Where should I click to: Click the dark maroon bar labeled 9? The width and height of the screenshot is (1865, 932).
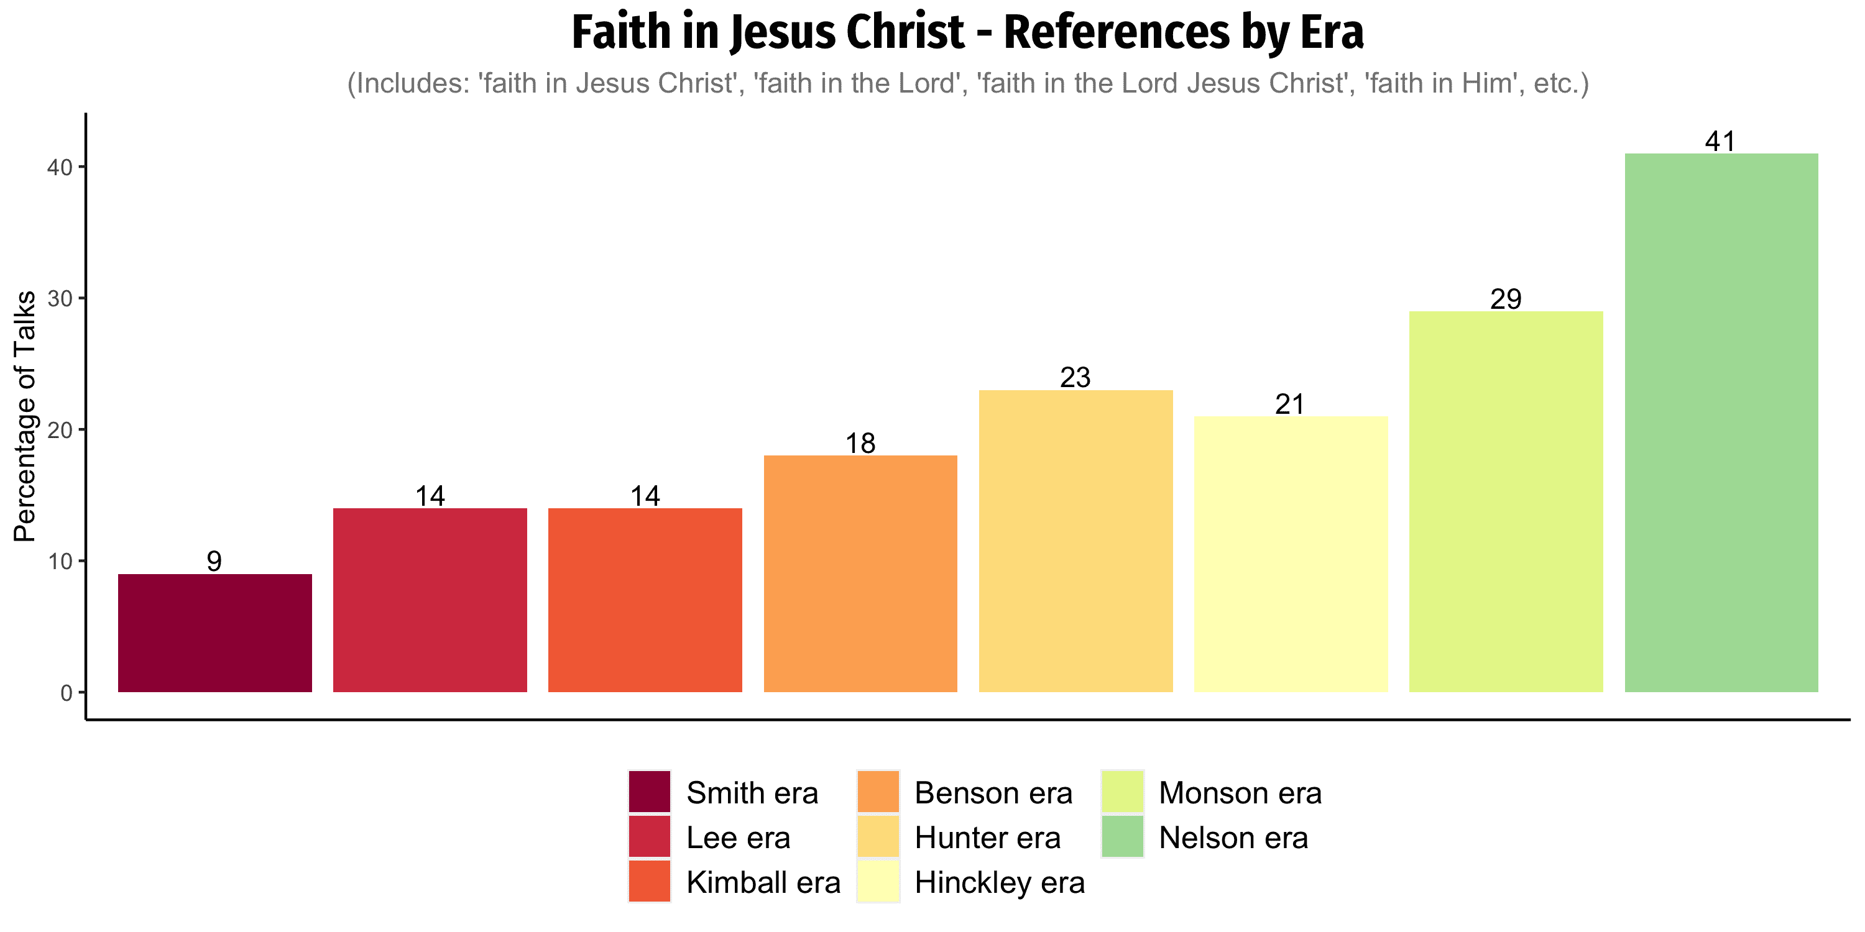tap(215, 633)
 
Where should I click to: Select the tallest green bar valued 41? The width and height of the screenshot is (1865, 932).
tap(1721, 423)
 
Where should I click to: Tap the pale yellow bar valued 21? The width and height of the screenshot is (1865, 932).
tap(1291, 554)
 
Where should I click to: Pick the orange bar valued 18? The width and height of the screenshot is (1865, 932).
tap(860, 574)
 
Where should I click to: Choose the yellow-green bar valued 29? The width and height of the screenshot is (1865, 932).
tap(1506, 501)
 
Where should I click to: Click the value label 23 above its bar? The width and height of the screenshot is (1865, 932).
tap(1075, 377)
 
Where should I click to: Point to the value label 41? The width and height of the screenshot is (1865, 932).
tap(1720, 141)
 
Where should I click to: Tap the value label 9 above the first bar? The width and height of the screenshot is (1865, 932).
tap(214, 561)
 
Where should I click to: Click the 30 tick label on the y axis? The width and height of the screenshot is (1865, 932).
tap(60, 298)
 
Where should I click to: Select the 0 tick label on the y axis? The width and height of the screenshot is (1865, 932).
tap(67, 693)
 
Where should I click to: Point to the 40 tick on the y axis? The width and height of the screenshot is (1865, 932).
tap(80, 167)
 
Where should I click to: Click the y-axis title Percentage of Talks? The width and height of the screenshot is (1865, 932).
tap(25, 416)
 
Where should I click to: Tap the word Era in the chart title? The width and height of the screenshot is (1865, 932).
tap(1332, 32)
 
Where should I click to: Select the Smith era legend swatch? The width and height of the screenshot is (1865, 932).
tap(650, 792)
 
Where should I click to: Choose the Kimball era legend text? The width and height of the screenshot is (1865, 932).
tap(763, 882)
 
